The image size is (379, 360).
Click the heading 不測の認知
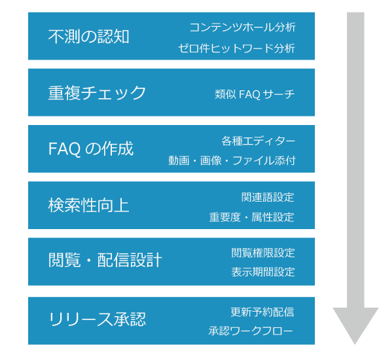pyautogui.click(x=89, y=37)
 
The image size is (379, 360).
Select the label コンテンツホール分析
pyautogui.click(x=242, y=27)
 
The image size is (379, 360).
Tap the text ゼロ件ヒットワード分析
pyautogui.click(x=237, y=48)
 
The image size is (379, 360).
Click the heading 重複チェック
pyautogui.click(x=97, y=93)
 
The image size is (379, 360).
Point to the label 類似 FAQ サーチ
pyautogui.click(x=255, y=94)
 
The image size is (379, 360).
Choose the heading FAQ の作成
pyautogui.click(x=91, y=149)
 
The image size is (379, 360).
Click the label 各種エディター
pyautogui.click(x=258, y=141)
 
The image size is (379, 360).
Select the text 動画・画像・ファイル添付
pyautogui.click(x=232, y=160)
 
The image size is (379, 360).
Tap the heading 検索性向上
pyautogui.click(x=89, y=205)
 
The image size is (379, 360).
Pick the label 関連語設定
pyautogui.click(x=268, y=197)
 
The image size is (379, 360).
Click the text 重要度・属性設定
pyautogui.click(x=251, y=217)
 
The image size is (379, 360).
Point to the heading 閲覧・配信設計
pyautogui.click(x=105, y=260)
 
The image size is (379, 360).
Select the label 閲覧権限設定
pyautogui.click(x=263, y=253)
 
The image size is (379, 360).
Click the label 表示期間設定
pyautogui.click(x=263, y=272)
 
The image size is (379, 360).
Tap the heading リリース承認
pyautogui.click(x=98, y=319)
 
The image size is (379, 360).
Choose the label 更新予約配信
pyautogui.click(x=262, y=312)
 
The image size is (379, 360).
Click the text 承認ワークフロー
pyautogui.click(x=251, y=331)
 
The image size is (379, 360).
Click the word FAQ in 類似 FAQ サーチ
pyautogui.click(x=249, y=94)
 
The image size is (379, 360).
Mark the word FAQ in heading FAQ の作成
pyautogui.click(x=65, y=149)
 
